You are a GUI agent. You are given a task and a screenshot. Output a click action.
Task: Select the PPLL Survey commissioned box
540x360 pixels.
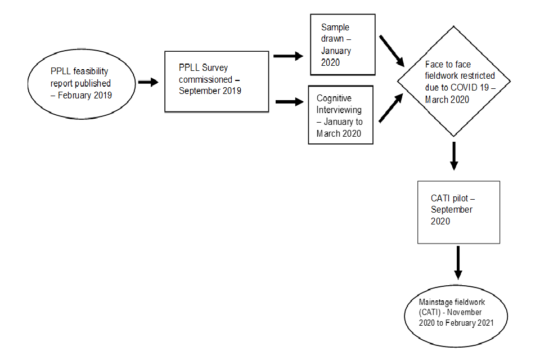click(x=216, y=82)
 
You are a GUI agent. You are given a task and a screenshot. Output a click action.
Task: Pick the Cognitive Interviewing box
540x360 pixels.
click(x=340, y=115)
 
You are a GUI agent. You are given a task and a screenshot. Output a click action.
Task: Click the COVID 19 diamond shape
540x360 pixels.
click(x=454, y=81)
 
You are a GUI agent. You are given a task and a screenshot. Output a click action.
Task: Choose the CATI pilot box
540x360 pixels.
click(x=458, y=211)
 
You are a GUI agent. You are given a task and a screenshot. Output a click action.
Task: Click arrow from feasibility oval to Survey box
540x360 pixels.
click(x=148, y=82)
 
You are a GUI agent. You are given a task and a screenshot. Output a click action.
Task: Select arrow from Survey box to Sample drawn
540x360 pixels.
click(x=288, y=56)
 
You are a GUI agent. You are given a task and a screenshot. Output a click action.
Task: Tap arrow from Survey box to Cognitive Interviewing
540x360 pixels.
click(x=289, y=102)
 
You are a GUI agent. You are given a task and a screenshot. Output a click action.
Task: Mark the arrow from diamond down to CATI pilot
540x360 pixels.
click(x=454, y=157)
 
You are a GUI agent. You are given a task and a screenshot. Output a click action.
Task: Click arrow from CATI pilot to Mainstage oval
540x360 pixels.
click(x=458, y=262)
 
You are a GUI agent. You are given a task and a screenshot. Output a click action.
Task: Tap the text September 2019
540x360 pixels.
click(x=210, y=91)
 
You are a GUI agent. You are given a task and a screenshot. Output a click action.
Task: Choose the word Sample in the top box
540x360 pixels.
click(x=335, y=27)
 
